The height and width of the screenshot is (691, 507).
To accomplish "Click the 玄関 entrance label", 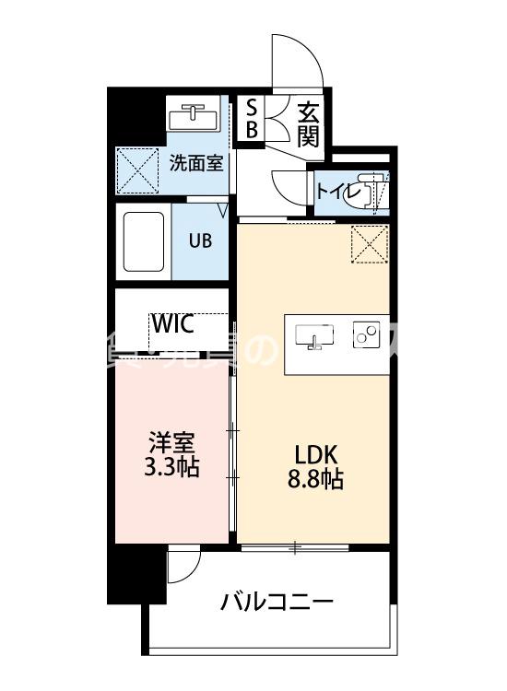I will pos(308,126).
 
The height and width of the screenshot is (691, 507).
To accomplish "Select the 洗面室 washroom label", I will pos(195,163).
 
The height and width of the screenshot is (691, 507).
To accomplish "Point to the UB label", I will pos(200,240).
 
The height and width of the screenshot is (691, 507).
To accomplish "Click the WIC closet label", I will pos(172,324).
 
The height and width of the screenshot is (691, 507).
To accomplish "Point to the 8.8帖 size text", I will pos(317,480).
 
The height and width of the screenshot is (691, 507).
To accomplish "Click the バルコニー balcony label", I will pos(277,603).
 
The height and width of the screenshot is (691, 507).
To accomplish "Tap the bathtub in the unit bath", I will pos(144,241).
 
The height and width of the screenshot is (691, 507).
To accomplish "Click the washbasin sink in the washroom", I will pos(193,118).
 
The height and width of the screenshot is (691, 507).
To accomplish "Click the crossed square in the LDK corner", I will pos(369,244).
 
